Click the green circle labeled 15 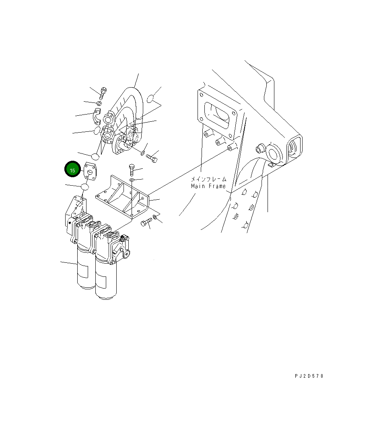(x=72, y=170)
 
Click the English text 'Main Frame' (x=208, y=186)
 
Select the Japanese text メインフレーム (x=208, y=179)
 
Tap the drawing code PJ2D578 (x=309, y=376)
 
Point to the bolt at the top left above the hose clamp (x=103, y=93)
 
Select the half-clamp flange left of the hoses (x=97, y=115)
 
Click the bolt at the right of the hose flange (x=152, y=158)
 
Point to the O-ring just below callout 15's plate (x=85, y=187)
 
